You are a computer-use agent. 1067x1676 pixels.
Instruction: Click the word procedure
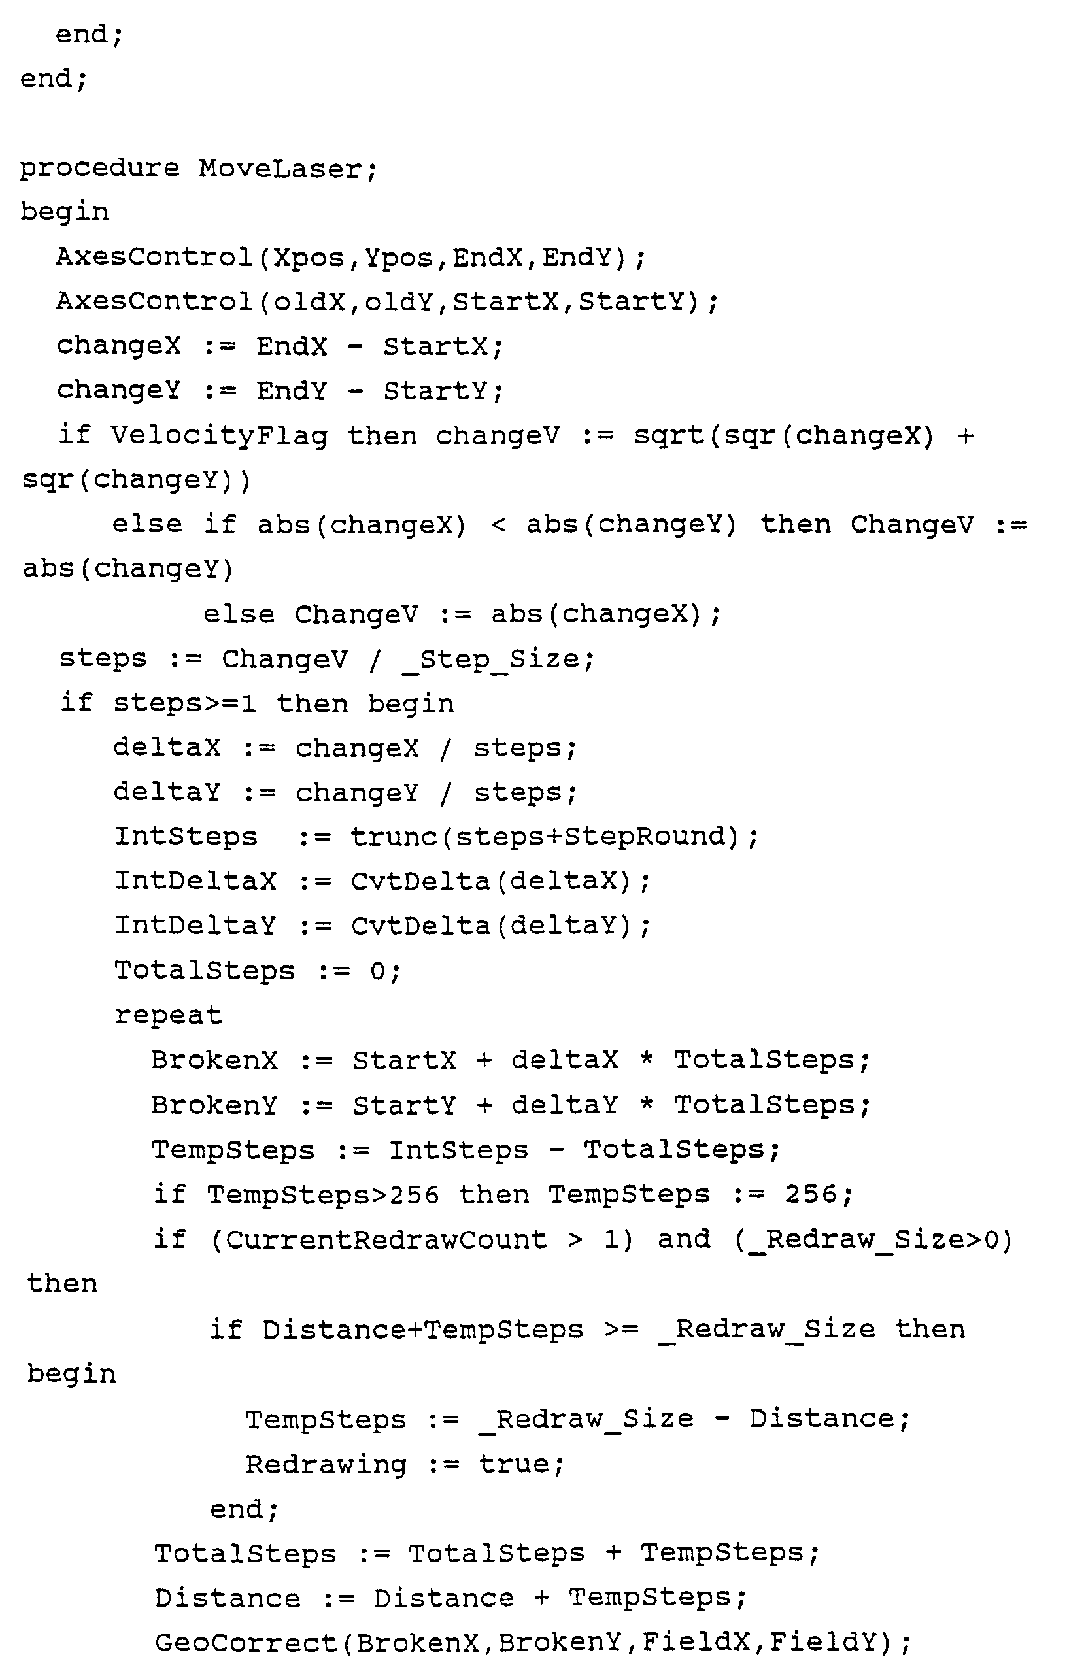point(99,169)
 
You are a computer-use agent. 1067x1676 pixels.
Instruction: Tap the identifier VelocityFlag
point(218,436)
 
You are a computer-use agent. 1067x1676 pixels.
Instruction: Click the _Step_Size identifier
point(490,659)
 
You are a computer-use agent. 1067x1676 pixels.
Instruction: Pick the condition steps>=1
point(184,703)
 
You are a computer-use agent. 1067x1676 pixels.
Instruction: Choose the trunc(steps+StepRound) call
point(545,837)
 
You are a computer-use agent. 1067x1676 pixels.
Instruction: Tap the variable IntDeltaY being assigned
point(195,926)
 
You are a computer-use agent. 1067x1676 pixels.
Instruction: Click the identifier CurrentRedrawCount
point(386,1239)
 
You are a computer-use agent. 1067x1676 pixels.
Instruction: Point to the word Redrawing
point(325,1464)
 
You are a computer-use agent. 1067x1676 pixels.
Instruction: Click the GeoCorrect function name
point(245,1643)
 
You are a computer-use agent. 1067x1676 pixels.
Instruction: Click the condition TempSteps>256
point(323,1195)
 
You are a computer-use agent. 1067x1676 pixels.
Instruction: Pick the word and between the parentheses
point(683,1239)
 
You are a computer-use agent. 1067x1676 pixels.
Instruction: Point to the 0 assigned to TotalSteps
point(378,970)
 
